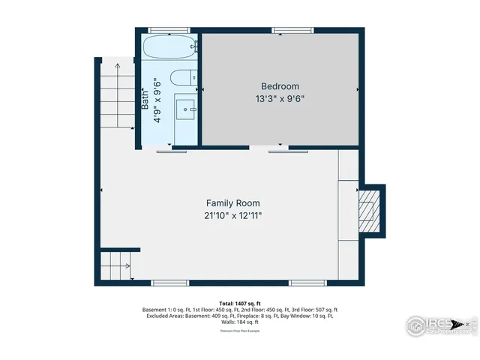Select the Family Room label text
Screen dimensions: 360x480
233,203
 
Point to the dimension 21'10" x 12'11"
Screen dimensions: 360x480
233,215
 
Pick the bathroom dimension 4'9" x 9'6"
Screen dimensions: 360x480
157,101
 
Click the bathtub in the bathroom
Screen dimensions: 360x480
169,48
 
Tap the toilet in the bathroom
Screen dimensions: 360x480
181,78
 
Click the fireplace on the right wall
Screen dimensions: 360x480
369,208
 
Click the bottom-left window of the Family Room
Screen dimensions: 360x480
170,283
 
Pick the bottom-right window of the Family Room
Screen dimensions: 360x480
308,283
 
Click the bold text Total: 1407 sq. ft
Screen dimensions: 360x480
240,304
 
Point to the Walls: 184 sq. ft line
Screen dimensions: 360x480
240,322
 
